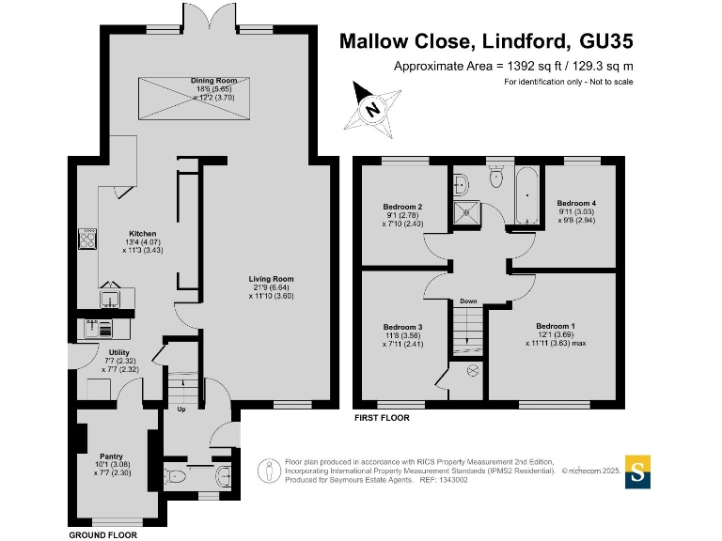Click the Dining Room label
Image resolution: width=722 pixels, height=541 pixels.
coord(205,82)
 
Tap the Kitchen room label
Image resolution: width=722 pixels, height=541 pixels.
coord(143,234)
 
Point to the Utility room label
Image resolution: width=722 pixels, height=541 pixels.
coord(119,352)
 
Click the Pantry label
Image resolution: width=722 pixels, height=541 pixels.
coord(111,456)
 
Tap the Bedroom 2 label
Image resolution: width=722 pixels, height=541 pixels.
coord(402,207)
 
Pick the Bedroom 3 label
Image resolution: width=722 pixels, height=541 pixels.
coord(401,327)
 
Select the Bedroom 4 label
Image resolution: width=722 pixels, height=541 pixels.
coord(576,203)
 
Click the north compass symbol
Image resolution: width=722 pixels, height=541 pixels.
coord(373,108)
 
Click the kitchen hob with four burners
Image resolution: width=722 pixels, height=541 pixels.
coord(89,239)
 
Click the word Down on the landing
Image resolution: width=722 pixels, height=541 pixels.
coord(468,301)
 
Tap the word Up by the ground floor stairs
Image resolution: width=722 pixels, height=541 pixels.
coord(180,409)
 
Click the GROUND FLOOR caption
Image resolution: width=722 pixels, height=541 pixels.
coord(103,534)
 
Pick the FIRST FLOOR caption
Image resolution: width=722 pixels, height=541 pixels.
coord(381,418)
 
